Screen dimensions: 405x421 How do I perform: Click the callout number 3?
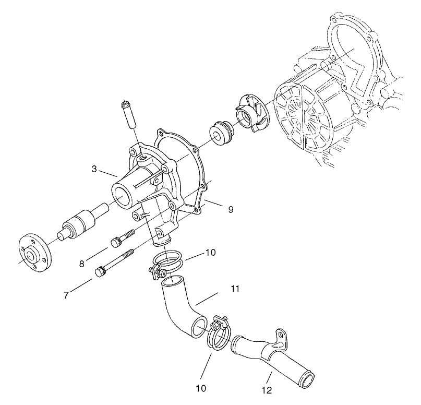(x=94, y=169)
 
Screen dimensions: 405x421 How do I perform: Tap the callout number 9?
(x=230, y=209)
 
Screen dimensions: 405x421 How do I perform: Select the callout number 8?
(x=82, y=264)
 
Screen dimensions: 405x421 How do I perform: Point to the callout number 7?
(x=66, y=295)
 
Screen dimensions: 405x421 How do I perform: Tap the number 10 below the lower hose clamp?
(x=201, y=388)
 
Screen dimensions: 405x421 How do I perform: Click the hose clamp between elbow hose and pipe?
(x=221, y=332)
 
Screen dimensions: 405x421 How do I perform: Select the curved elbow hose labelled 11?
(x=179, y=310)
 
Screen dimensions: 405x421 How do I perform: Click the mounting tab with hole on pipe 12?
(x=281, y=338)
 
